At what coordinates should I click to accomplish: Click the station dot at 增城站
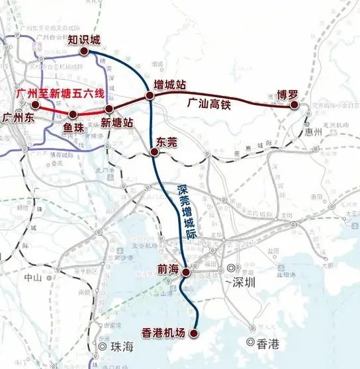151,97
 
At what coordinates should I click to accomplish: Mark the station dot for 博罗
294,104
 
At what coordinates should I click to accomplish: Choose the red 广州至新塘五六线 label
60,94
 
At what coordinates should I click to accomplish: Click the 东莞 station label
165,141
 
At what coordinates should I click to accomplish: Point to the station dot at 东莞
154,151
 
